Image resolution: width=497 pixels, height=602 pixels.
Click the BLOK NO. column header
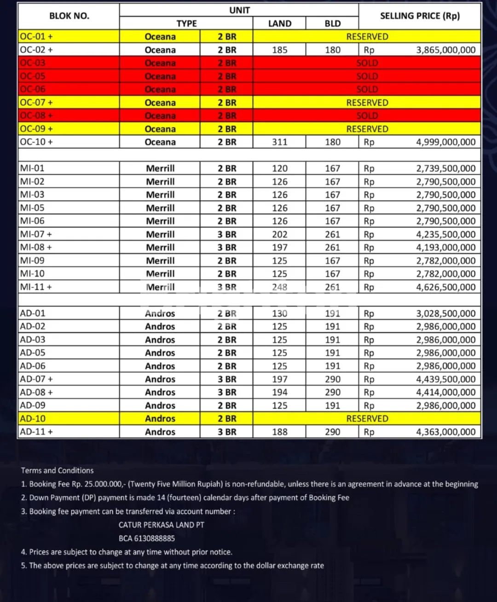[69, 16]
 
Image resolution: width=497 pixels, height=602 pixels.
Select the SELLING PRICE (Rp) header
[420, 16]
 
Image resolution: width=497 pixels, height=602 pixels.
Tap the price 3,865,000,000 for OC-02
[445, 50]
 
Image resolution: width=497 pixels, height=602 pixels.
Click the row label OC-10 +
[36, 142]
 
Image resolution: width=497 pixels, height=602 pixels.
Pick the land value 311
[279, 142]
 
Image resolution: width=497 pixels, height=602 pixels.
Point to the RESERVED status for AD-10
[367, 418]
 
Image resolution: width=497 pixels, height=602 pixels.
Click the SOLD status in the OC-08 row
[367, 116]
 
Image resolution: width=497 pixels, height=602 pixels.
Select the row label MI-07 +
[36, 234]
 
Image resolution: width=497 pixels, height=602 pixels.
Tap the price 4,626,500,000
[445, 287]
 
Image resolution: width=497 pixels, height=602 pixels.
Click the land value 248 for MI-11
[279, 287]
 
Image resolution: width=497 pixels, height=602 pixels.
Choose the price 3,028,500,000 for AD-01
[445, 313]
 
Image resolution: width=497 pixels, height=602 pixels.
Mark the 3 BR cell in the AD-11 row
[227, 432]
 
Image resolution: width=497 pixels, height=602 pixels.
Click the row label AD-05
[33, 353]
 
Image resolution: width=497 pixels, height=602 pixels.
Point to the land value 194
[279, 392]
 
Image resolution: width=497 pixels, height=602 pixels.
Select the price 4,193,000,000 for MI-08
[445, 247]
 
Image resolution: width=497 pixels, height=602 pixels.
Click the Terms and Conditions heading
[57, 470]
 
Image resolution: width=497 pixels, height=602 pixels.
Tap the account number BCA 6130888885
[147, 538]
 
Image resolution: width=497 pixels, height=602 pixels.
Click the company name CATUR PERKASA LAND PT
[162, 525]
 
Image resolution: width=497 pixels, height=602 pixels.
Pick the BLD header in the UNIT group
[332, 23]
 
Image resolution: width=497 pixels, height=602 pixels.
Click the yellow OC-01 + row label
[36, 36]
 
